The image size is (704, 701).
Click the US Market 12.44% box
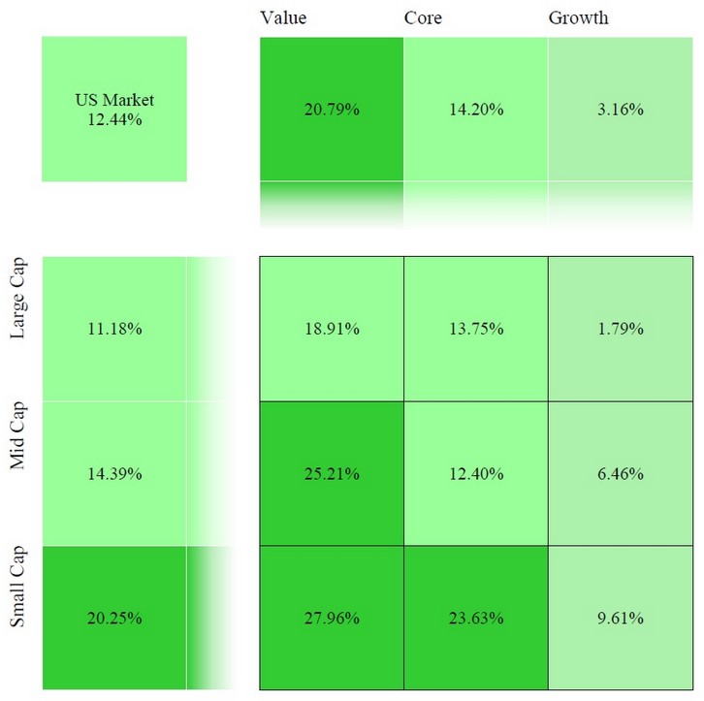tap(114, 109)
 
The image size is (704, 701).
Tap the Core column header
tap(423, 18)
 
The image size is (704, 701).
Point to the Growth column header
tap(578, 18)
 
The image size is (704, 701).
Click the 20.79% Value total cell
tap(332, 109)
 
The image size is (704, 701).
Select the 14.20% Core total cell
tap(475, 109)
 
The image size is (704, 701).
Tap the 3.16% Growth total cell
tap(620, 109)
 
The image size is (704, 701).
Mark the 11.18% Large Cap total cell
tap(114, 329)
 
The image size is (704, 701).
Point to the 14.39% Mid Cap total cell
tap(114, 473)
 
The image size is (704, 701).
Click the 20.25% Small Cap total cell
tap(114, 618)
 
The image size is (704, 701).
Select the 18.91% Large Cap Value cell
tap(332, 329)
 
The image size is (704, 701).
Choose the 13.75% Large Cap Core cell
tap(475, 329)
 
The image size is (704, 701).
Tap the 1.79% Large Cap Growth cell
tap(620, 329)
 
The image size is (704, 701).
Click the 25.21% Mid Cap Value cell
tap(332, 473)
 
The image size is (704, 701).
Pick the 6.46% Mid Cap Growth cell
tap(620, 473)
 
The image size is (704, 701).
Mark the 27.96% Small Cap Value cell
tap(332, 618)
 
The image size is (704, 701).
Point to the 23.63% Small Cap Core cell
tap(475, 618)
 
